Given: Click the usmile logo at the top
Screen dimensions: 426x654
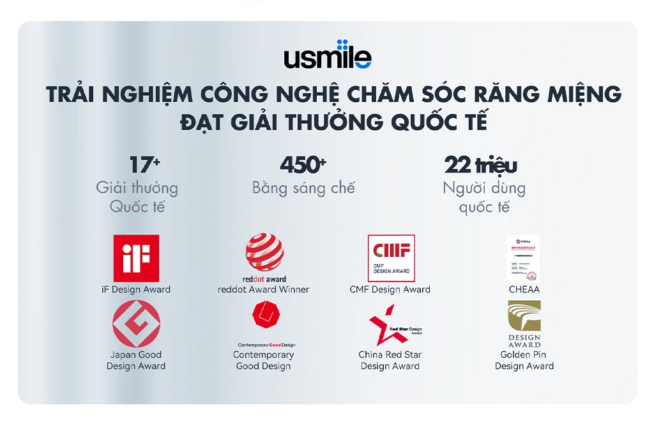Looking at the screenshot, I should tap(327, 55).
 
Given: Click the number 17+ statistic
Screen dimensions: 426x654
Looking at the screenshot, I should tap(144, 165).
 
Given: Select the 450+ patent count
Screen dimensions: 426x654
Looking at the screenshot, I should tap(303, 165).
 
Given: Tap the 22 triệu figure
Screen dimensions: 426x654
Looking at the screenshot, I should tap(480, 165).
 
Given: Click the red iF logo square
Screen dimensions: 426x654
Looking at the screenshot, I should tap(136, 258).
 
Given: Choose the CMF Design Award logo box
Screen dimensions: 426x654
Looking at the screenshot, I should tap(391, 258).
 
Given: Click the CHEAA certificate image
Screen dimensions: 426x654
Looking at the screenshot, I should tap(523, 258).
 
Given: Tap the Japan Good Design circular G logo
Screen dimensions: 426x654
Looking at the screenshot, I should tap(136, 324).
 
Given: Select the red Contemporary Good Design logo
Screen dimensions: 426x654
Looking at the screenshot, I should tap(264, 315).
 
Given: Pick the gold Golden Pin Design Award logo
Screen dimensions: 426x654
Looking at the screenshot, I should tap(524, 317).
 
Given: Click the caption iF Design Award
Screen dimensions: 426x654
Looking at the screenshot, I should tap(136, 289).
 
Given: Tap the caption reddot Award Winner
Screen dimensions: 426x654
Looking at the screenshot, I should tap(264, 289).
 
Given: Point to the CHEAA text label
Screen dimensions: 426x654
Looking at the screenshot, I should tap(524, 289).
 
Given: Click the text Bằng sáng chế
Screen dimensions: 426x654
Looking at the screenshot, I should tap(303, 188).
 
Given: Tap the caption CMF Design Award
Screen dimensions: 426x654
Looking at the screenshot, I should tap(390, 289).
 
